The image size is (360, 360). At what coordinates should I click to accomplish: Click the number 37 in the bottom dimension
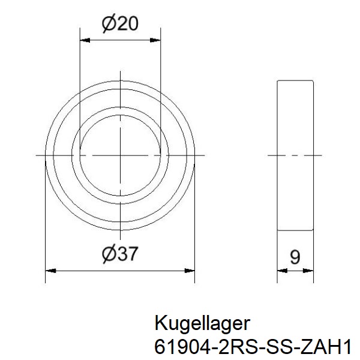point(128,254)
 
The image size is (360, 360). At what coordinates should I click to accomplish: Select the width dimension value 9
point(295,257)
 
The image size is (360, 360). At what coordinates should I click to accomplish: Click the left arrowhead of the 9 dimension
point(281,271)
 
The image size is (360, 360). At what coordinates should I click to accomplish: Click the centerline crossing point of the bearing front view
point(121,155)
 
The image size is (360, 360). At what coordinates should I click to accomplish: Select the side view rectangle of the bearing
point(295,155)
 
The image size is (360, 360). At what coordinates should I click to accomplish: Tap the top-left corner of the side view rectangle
point(277,80)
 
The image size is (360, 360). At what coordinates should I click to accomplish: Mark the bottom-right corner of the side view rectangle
point(314,230)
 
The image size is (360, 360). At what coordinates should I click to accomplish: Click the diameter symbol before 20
point(109,24)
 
